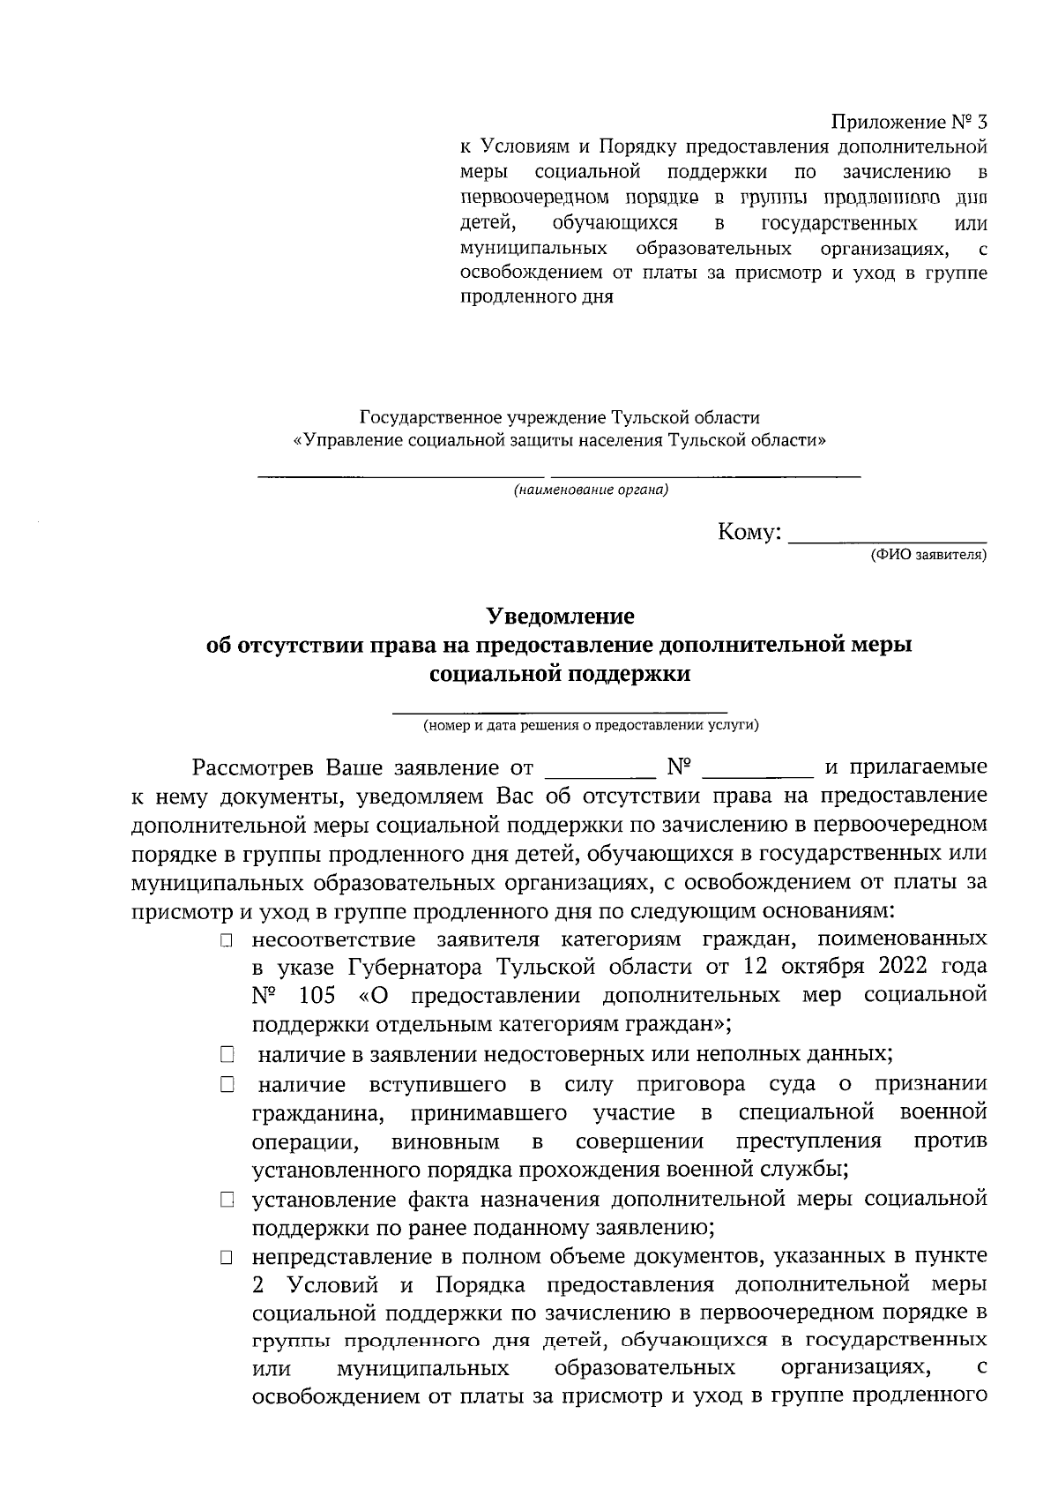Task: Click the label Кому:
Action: tap(749, 532)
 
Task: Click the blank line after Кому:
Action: tap(886, 535)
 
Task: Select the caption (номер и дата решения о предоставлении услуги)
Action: tap(590, 725)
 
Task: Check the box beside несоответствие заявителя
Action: tap(227, 941)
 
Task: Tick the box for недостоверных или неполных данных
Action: tap(227, 1054)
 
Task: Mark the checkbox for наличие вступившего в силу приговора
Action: tap(227, 1085)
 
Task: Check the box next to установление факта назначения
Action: tap(227, 1201)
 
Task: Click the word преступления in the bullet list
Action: tap(808, 1141)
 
